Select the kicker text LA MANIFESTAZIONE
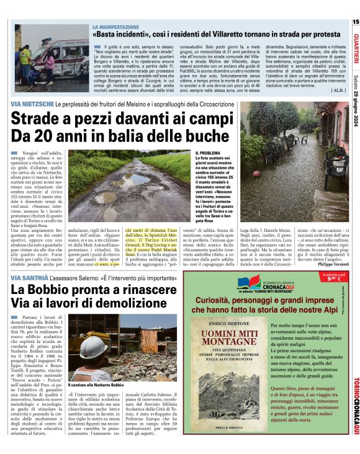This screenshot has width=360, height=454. [x=115, y=27]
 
